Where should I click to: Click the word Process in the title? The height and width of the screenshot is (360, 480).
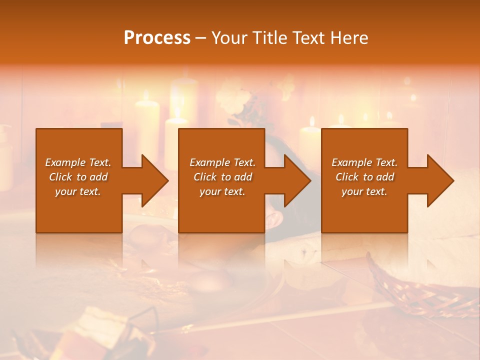pos(157,38)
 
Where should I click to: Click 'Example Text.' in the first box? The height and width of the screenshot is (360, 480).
pos(78,162)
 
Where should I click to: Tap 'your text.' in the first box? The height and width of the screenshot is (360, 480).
pos(78,191)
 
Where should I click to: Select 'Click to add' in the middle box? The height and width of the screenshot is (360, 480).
pos(222,177)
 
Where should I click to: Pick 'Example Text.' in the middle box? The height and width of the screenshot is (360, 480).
pos(222,162)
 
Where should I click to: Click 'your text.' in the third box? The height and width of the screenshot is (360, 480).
pos(364,191)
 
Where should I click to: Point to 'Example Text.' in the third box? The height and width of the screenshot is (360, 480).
pos(364,162)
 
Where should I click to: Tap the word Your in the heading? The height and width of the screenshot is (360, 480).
pos(228,38)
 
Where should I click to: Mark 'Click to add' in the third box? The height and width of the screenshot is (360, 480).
pos(364,177)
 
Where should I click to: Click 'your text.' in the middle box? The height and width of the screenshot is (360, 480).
pos(222,191)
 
